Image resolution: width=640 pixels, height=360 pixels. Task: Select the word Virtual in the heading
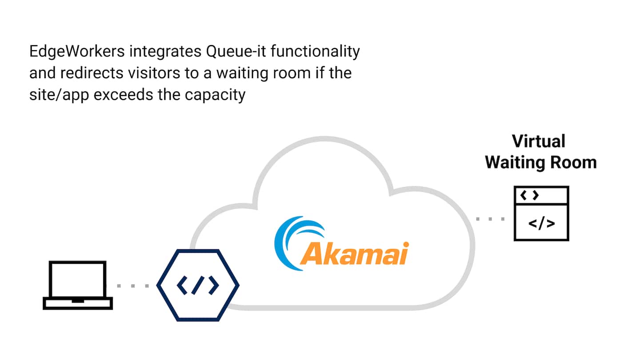point(538,141)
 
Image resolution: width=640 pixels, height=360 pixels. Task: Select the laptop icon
point(78,285)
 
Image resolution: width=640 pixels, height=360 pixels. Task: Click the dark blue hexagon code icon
point(198,285)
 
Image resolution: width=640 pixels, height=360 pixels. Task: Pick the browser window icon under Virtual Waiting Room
point(541,214)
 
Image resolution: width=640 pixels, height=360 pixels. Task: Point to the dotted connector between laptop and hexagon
point(134,286)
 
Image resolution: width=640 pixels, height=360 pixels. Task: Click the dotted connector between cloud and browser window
point(490,219)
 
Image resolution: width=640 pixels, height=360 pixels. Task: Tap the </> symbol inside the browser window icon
point(541,223)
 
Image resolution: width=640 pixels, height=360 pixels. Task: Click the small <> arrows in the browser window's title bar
point(530,195)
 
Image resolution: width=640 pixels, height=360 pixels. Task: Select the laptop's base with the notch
point(78,304)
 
